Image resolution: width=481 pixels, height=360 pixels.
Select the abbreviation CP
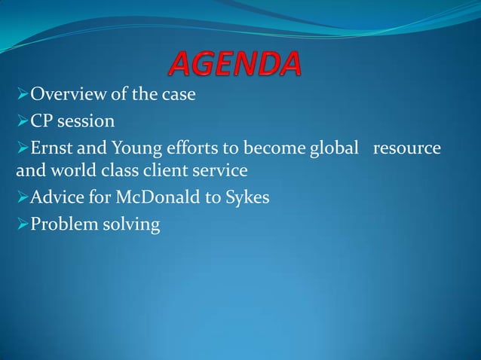pos(40,121)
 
